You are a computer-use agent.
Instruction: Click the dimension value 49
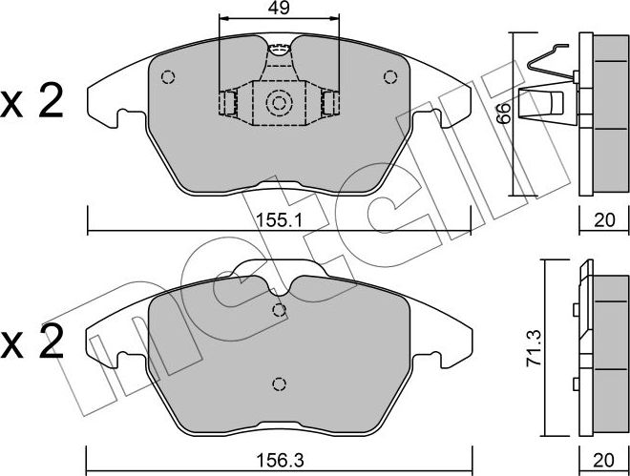pos(280,9)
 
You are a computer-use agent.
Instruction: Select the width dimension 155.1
pos(280,218)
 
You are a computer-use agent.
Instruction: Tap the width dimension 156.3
pos(280,459)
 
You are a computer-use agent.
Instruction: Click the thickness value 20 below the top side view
pos(604,219)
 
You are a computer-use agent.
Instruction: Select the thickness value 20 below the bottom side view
pos(604,460)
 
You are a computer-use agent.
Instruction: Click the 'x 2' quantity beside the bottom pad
pos(32,341)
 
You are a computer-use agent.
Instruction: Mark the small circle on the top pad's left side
pos(169,77)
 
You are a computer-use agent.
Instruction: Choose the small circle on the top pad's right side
pos(388,77)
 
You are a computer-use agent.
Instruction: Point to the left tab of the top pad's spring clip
pos(227,103)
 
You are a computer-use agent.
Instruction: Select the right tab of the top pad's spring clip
pos(330,103)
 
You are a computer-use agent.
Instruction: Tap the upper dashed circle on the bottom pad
pos(279,309)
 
